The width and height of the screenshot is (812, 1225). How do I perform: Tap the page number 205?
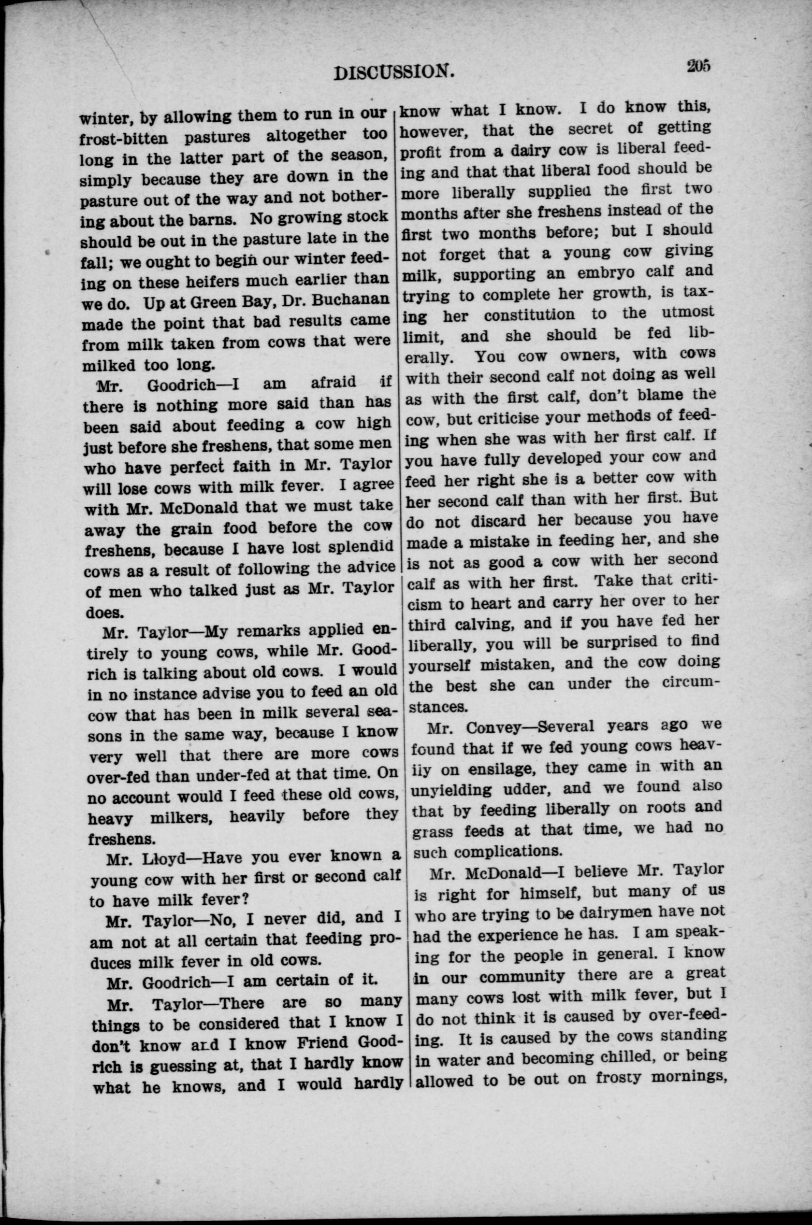(x=698, y=67)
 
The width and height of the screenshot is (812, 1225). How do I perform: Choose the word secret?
(x=590, y=128)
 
